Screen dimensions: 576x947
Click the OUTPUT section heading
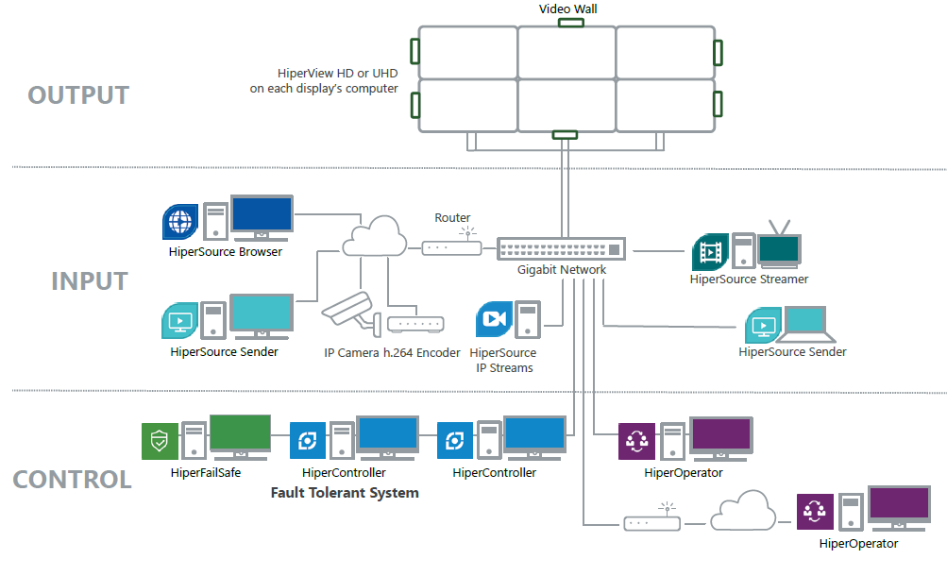(78, 95)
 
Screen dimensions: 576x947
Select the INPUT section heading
(89, 281)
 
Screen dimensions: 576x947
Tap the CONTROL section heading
(72, 479)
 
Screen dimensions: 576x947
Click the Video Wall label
(567, 8)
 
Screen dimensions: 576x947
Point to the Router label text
(452, 218)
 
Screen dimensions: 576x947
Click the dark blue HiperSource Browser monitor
(262, 217)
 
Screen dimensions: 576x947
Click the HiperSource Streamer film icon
(710, 252)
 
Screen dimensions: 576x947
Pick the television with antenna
(780, 245)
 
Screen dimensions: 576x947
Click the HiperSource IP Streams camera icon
(494, 320)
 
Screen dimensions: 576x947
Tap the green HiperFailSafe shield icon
(160, 440)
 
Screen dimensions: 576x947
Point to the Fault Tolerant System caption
(345, 493)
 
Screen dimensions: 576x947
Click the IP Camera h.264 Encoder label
(392, 353)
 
